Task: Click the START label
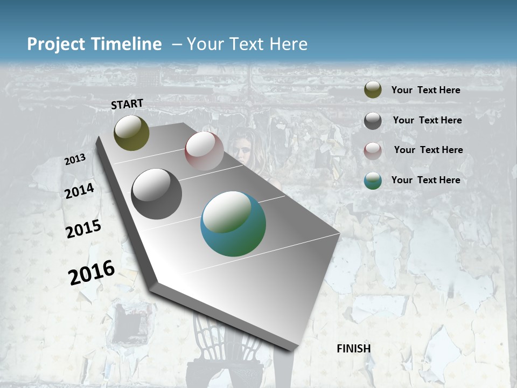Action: click(x=127, y=104)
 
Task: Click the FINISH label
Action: click(x=353, y=349)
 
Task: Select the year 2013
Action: click(x=75, y=160)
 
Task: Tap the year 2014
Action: click(x=79, y=191)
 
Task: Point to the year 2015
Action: click(x=83, y=229)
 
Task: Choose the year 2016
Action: click(x=92, y=272)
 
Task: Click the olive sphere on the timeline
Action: click(x=131, y=133)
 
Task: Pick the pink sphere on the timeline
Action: click(x=204, y=151)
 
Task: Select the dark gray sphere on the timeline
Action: click(x=157, y=194)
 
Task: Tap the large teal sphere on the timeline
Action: click(x=233, y=224)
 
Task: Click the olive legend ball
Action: click(x=373, y=90)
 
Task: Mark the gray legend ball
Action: click(x=373, y=121)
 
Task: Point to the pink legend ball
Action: click(x=373, y=151)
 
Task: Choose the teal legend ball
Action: click(x=373, y=181)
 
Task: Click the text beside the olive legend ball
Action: click(x=425, y=90)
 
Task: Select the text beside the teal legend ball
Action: click(x=425, y=180)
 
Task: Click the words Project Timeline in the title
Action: click(x=94, y=44)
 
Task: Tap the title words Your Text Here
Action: click(x=247, y=44)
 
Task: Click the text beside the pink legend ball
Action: click(x=428, y=150)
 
